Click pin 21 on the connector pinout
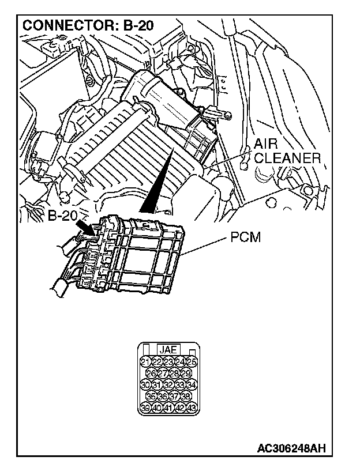145,361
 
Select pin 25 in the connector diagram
192,361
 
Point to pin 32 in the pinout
168,384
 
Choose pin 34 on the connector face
192,384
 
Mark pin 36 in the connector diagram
163,396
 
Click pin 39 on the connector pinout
145,407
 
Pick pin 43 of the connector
192,407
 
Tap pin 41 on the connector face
168,407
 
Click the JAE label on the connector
168,349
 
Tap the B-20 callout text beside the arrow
63,217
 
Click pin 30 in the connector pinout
145,384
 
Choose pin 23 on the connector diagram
168,361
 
